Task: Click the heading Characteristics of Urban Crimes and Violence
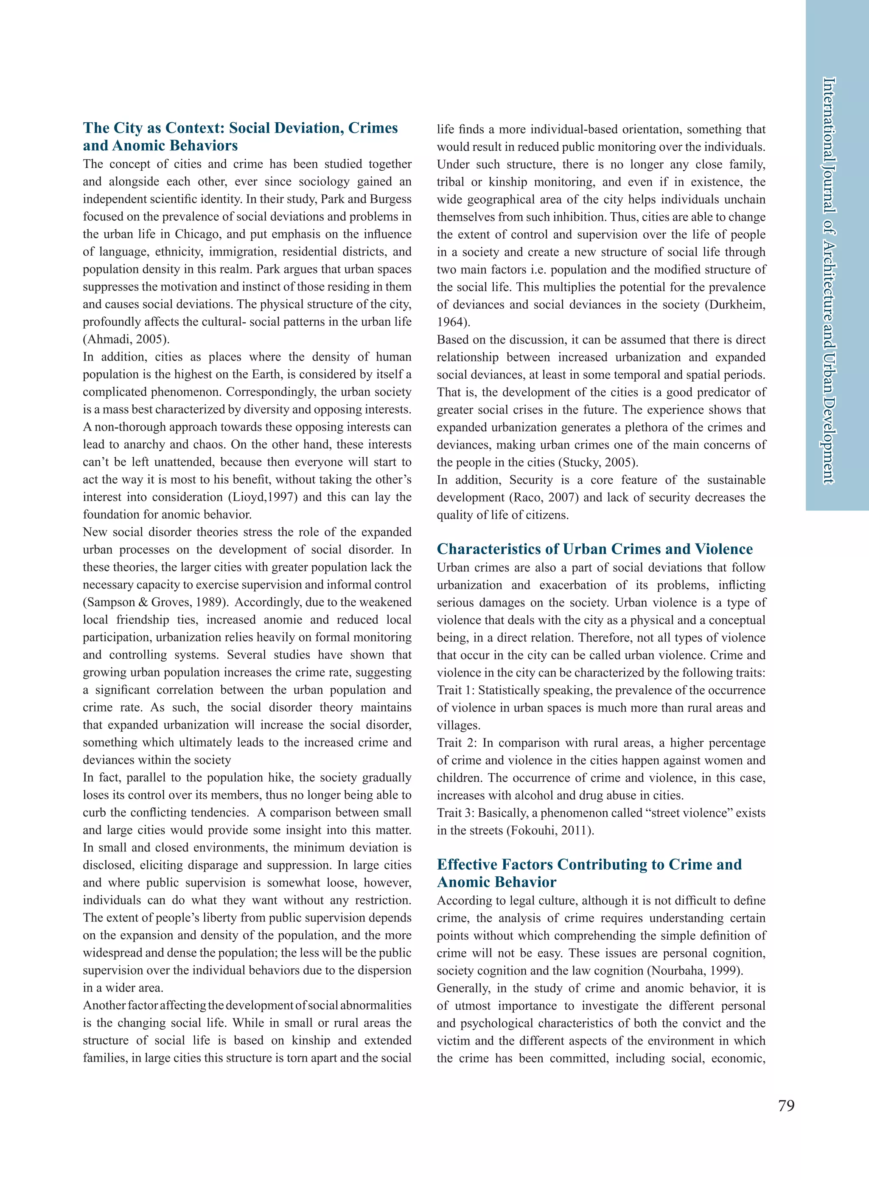click(x=594, y=549)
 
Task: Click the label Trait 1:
click(x=456, y=690)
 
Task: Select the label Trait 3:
click(x=456, y=813)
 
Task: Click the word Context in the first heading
click(x=193, y=128)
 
